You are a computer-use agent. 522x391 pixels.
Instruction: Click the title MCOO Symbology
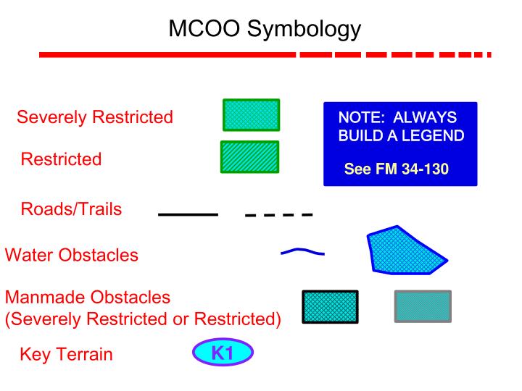[x=265, y=29]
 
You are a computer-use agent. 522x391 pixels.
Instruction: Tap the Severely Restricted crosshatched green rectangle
[x=252, y=115]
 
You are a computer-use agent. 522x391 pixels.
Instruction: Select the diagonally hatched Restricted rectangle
[x=249, y=157]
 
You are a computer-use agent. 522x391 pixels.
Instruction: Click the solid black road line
[x=188, y=214]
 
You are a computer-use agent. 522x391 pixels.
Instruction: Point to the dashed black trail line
[x=278, y=215]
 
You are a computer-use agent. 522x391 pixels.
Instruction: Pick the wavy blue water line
[x=302, y=251]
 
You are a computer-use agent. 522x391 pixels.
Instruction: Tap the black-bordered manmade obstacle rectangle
[x=331, y=307]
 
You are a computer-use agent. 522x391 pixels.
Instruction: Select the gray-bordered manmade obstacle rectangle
[x=423, y=306]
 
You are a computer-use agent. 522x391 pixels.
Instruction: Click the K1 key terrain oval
[x=223, y=352]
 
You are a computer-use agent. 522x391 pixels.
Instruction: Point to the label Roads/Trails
[x=71, y=209]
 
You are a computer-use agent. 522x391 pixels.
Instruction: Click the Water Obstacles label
[x=72, y=255]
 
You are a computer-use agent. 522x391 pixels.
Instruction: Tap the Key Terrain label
[x=66, y=354]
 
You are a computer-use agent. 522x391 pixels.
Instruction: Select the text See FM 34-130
[x=397, y=169]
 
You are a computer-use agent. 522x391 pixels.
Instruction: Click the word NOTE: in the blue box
[x=362, y=117]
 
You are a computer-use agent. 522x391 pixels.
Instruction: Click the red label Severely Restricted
[x=95, y=117]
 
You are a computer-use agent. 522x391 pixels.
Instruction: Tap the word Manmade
[x=45, y=298]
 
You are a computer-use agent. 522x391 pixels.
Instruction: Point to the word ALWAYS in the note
[x=425, y=117]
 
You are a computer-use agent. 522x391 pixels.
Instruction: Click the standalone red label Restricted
[x=61, y=159]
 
